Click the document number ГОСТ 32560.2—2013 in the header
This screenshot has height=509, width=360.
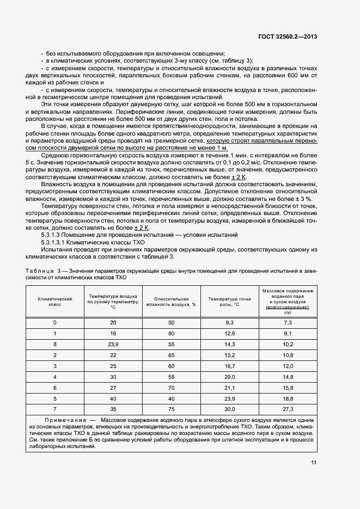[289, 36]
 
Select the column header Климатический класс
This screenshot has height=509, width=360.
[54, 302]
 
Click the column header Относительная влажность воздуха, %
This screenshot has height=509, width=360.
[171, 302]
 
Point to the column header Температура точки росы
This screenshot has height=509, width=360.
[229, 302]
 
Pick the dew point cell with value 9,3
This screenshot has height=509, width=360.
[229, 323]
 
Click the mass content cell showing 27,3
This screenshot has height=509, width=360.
[288, 409]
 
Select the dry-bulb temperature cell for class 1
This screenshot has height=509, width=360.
[113, 334]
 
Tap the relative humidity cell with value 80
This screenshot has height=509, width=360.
[171, 334]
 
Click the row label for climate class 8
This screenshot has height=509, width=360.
[54, 344]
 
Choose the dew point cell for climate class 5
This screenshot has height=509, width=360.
[229, 398]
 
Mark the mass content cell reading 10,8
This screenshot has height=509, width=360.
[288, 355]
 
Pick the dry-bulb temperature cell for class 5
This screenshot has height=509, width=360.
[113, 398]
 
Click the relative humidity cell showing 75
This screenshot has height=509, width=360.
[171, 409]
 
